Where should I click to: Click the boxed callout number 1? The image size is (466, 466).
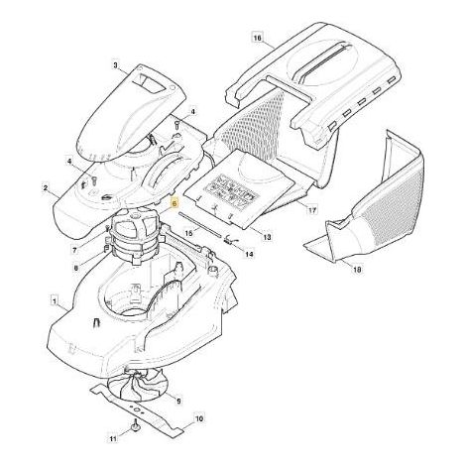55,301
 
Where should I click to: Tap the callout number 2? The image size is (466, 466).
46,188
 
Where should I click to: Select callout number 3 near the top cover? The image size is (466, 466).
115,65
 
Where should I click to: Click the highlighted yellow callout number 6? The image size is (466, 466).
175,204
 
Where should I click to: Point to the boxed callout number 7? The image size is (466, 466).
74,250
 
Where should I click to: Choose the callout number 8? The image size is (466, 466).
75,269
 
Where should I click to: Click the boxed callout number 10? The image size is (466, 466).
199,418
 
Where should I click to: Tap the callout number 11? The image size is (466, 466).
113,439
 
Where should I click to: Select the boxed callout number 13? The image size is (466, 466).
267,237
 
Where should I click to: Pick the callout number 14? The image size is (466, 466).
250,254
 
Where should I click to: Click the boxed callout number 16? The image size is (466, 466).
258,38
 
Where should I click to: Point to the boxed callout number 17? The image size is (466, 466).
312,210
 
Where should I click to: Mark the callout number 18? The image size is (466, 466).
357,270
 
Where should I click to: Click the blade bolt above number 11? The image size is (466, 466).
136,425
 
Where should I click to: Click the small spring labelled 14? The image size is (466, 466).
229,240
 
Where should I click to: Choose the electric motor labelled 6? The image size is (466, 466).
135,236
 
